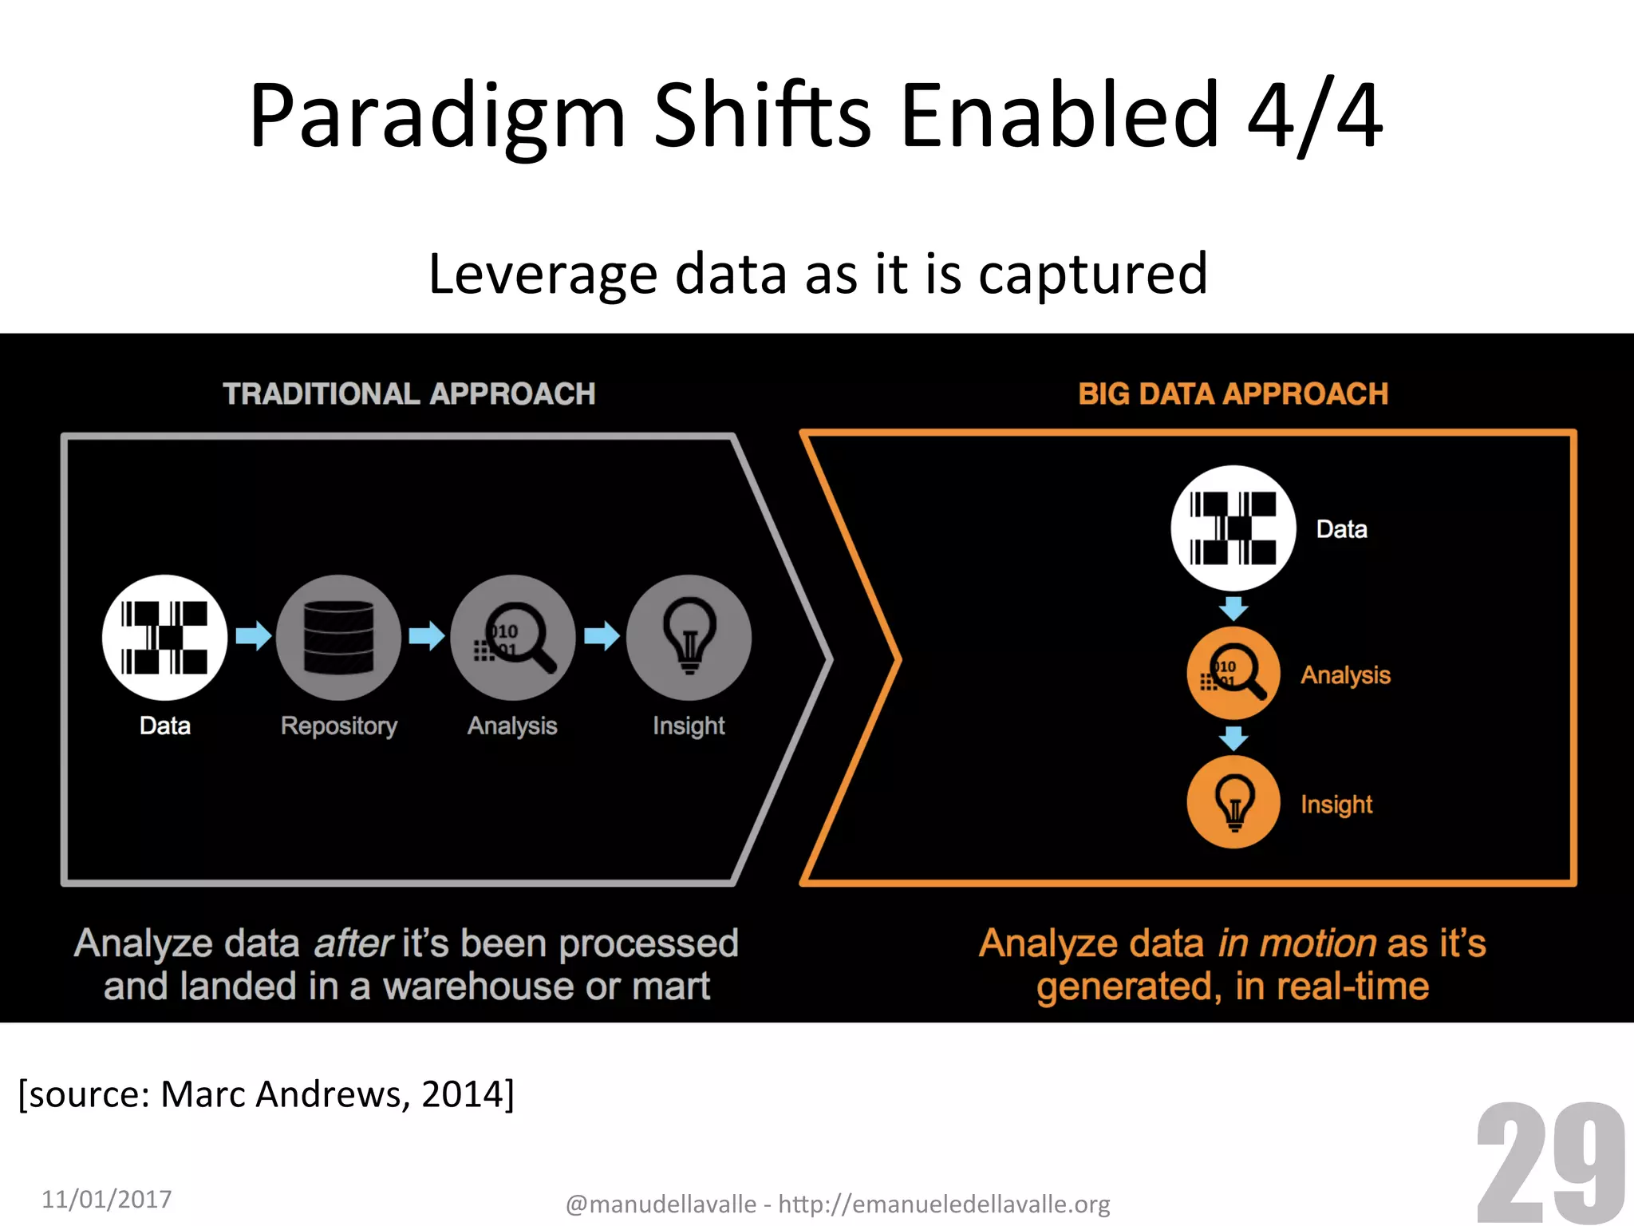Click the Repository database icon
point(338,637)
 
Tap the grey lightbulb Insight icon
point(689,637)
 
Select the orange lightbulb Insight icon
point(1233,802)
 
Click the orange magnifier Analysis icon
point(1233,673)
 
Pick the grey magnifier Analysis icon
point(513,637)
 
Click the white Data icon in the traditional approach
point(164,637)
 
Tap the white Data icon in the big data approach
point(1233,528)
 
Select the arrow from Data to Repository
point(254,636)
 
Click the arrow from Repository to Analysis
point(427,636)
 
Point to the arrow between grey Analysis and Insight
point(602,636)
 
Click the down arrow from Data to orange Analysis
point(1233,608)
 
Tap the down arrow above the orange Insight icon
point(1233,738)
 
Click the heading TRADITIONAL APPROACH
point(408,394)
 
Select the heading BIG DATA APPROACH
point(1233,394)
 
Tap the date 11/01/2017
point(106,1199)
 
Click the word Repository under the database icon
point(338,726)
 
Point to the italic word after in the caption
point(353,943)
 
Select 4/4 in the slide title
point(1314,116)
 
